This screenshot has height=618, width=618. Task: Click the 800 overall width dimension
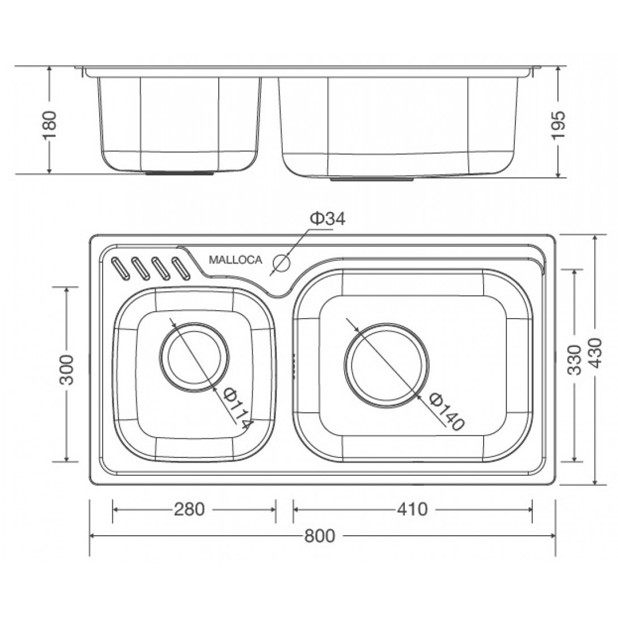click(320, 536)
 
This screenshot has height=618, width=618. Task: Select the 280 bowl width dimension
click(189, 509)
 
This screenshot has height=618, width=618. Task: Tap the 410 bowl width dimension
click(412, 509)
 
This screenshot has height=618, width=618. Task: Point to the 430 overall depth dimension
click(595, 353)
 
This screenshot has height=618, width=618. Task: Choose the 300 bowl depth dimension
click(66, 370)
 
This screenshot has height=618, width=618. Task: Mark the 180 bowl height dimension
click(50, 125)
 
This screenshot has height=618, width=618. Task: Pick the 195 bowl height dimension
click(558, 125)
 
